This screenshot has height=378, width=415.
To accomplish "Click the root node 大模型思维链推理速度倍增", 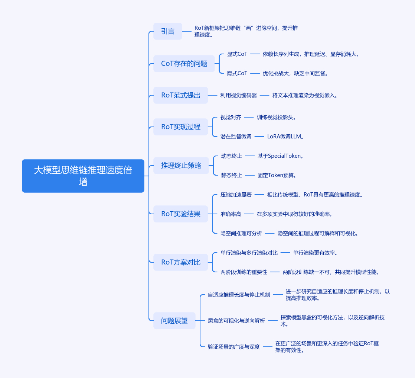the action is (x=83, y=176).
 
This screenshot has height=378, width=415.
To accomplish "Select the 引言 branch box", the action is (x=168, y=31).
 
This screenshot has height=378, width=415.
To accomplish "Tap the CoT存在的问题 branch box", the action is (x=184, y=64).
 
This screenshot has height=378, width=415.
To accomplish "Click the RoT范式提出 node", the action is (x=180, y=95).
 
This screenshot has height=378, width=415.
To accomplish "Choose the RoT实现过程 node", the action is (x=180, y=127).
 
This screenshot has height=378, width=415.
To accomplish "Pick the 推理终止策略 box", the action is (x=181, y=166).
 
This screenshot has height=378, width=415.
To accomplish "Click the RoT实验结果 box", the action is (x=180, y=214).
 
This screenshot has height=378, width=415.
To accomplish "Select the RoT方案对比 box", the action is (x=180, y=262).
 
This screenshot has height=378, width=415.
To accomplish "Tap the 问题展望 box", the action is (x=174, y=321).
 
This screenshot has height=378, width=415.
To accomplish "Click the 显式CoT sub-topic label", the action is (x=237, y=54).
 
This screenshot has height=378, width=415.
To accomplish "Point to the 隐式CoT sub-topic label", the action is (x=237, y=73).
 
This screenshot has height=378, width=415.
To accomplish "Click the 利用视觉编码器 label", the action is (x=238, y=95).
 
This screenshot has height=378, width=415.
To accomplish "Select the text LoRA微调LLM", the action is (x=285, y=137).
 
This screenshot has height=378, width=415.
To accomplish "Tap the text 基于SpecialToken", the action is (x=281, y=156).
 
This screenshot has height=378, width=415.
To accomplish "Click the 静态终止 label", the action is (x=232, y=175).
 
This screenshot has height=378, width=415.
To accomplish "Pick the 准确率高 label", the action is (x=231, y=214).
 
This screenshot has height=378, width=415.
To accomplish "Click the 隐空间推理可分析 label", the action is (x=241, y=233).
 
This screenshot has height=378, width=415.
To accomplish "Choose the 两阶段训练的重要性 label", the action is (x=244, y=272).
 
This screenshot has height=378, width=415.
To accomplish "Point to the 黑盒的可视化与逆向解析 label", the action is (x=236, y=321).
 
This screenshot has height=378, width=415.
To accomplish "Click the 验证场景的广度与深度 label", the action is (x=234, y=347).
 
